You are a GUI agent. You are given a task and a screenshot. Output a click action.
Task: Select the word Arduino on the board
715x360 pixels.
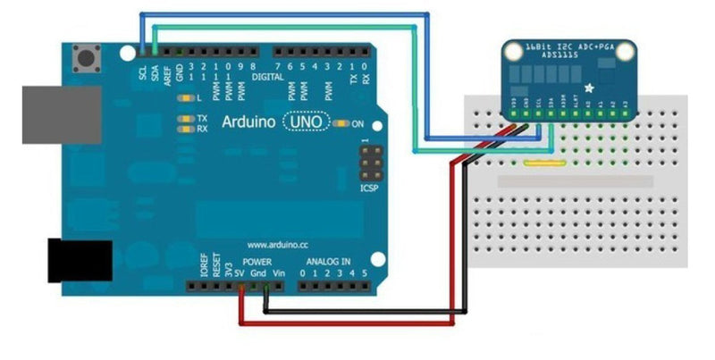pos(249,121)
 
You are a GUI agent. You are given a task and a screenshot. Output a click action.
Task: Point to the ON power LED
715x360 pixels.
pos(343,123)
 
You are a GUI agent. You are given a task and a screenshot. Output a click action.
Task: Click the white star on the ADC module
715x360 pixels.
pos(589,88)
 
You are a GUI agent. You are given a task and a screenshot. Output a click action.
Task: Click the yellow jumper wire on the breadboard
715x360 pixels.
pos(543,163)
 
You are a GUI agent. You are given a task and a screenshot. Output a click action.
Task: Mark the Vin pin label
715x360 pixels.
pos(280,270)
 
